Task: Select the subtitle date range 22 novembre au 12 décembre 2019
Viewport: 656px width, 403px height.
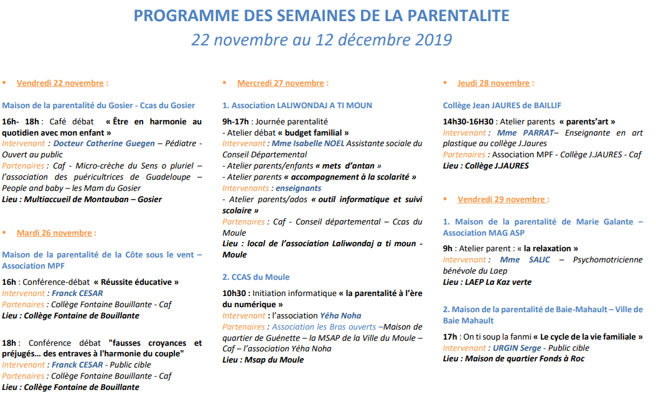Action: click(321, 40)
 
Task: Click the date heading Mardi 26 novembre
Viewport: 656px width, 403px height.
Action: click(54, 233)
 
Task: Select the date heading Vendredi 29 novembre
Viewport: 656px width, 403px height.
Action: click(502, 199)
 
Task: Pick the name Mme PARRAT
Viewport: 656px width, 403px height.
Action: click(524, 132)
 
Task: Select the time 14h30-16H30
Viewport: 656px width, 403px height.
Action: click(468, 121)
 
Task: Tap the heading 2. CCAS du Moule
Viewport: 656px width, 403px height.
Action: click(256, 277)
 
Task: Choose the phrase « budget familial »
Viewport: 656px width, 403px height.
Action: click(313, 132)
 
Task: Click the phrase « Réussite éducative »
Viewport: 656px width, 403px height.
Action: click(136, 282)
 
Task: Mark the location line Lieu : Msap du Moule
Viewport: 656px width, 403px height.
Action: click(263, 359)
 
